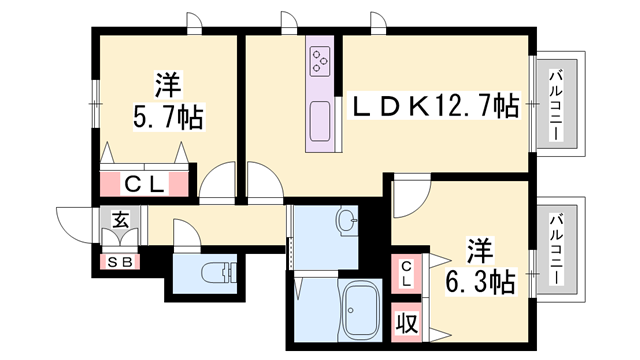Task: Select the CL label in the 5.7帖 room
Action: click(x=145, y=184)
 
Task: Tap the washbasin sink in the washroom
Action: click(x=346, y=221)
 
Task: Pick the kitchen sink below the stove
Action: click(x=322, y=122)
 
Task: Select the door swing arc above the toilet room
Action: click(x=188, y=234)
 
